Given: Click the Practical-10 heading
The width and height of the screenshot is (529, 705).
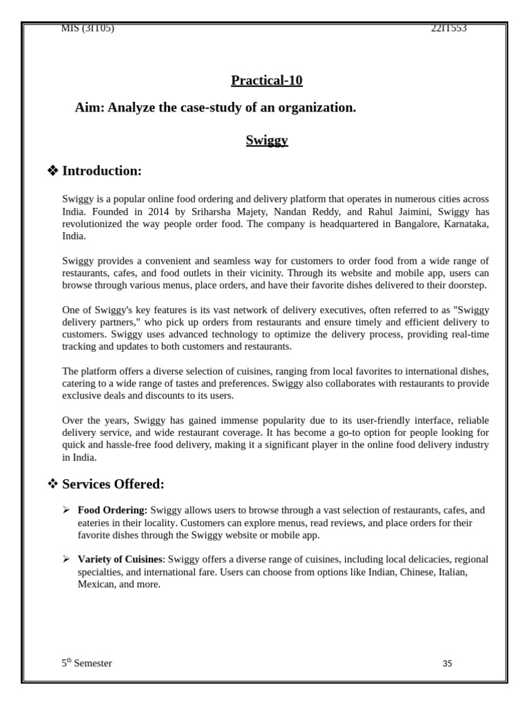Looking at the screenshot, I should (x=267, y=81).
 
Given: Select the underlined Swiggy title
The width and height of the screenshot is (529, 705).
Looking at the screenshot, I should (x=267, y=140).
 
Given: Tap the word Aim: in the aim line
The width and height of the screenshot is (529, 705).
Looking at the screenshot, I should (x=89, y=108).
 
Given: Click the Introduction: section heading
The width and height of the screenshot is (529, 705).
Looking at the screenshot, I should (x=102, y=171).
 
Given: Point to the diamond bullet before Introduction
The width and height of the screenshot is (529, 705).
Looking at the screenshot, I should (x=52, y=171).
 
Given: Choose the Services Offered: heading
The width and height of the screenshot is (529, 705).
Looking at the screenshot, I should (x=113, y=484).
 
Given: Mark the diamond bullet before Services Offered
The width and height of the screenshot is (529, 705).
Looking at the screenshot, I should (x=52, y=484).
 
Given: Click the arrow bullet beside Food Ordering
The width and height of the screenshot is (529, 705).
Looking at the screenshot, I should (x=66, y=510).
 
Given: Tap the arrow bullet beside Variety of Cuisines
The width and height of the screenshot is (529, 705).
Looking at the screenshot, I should (x=66, y=560).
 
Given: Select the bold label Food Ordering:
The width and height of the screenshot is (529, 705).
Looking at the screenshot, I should (x=112, y=510).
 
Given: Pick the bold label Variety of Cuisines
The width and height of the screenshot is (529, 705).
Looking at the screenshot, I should (x=120, y=560).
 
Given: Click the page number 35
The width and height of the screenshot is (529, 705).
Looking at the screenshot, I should (x=447, y=664).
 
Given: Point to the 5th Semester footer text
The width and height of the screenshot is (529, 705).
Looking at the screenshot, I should (x=87, y=663).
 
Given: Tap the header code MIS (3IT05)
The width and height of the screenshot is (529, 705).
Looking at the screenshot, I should (x=87, y=28).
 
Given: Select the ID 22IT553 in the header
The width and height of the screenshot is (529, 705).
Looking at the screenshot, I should (x=448, y=28).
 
